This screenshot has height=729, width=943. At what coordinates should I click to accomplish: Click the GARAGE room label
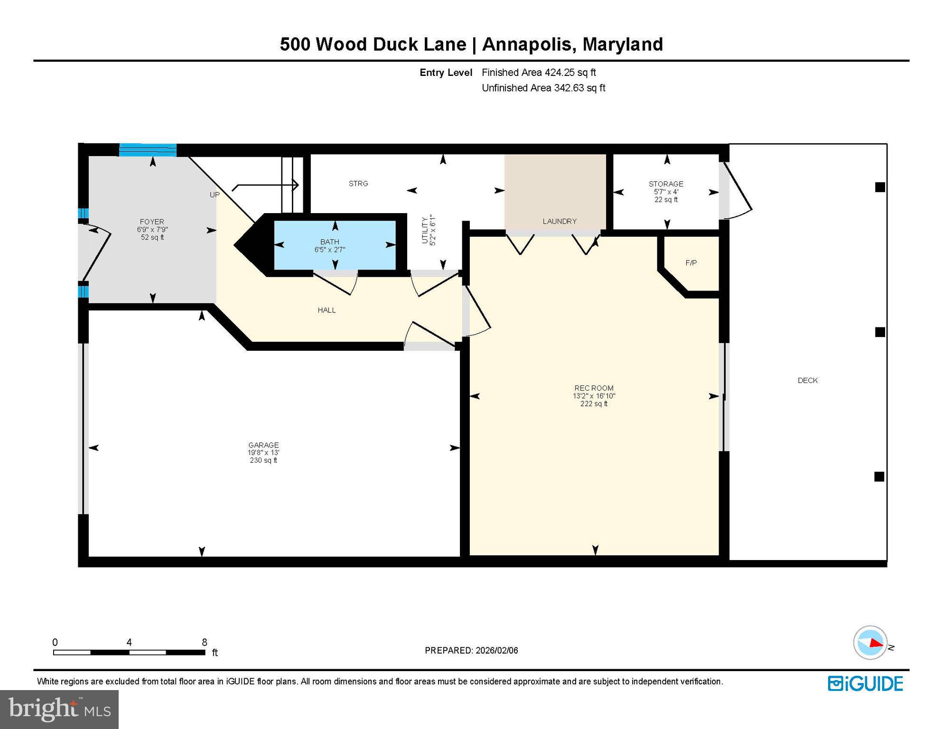coord(263,445)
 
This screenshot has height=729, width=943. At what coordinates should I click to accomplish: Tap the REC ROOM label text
coord(594,388)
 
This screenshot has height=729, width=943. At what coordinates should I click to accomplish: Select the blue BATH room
coord(335,245)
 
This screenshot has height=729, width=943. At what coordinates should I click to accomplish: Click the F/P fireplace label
coord(691,263)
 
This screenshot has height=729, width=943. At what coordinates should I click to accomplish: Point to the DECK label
coord(807,380)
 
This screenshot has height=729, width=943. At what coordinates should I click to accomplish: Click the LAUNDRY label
coord(560,221)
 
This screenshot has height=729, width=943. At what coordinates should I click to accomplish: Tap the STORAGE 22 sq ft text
coord(666,199)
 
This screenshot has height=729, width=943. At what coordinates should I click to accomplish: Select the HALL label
coord(327,310)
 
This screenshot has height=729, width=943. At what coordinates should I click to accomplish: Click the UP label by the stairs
coord(215,195)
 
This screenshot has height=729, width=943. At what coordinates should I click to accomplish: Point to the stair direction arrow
coord(266,185)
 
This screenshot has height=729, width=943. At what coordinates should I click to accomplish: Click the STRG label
coord(358,184)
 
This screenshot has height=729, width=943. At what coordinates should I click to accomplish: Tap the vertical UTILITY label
coord(425,231)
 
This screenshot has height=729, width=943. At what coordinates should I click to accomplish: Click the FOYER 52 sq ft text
coord(152,237)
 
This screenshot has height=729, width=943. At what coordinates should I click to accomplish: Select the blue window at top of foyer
coord(148,150)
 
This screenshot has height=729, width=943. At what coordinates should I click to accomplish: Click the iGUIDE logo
coord(865,683)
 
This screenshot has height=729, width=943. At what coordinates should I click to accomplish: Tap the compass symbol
coord(870,643)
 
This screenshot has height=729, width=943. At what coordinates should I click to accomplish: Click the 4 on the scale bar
coord(129,642)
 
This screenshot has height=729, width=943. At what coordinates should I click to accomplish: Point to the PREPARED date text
coord(471,650)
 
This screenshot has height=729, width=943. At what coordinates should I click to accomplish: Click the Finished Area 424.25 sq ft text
coord(539,73)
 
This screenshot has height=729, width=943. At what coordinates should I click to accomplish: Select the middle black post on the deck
coord(880,332)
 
